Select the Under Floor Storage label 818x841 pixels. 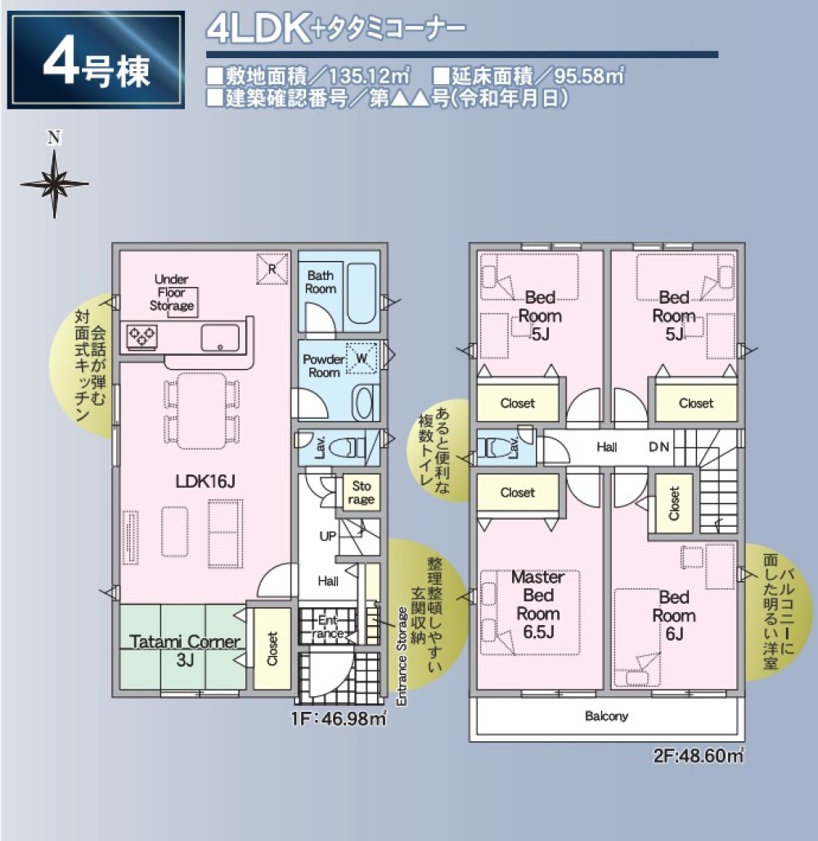coord(171,293)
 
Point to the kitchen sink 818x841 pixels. coord(220,336)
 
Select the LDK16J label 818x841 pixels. coord(204,482)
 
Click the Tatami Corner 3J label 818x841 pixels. coord(181,650)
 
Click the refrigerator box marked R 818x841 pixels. coord(272,268)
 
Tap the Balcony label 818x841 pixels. coord(606,716)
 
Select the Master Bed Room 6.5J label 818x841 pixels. coord(537,605)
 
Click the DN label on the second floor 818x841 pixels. coord(659,447)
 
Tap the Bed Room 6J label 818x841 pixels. coord(674,615)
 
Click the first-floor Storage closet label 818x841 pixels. coord(360,493)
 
